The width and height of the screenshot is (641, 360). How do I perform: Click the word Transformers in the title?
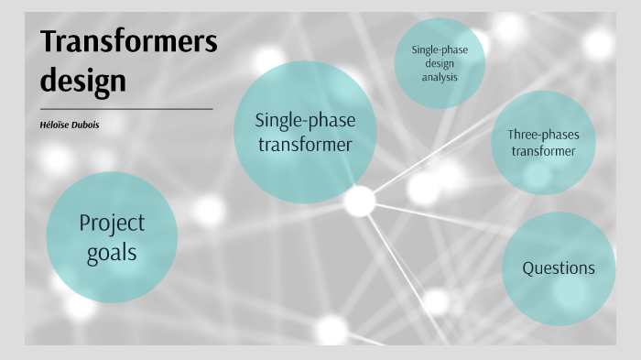click(x=128, y=43)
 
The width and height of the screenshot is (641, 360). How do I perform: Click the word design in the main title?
click(x=82, y=81)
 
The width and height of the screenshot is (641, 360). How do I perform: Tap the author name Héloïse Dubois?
click(x=69, y=125)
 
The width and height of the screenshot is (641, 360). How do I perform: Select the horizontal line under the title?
click(x=126, y=109)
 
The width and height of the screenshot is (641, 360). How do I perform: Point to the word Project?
click(x=112, y=223)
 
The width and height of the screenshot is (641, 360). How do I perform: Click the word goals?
click(x=112, y=252)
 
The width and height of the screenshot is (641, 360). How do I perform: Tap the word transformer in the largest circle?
click(x=305, y=144)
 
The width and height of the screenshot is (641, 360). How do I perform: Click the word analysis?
click(x=440, y=77)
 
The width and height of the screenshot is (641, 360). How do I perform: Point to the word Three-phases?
click(x=543, y=135)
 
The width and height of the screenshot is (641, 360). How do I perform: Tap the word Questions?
click(x=559, y=268)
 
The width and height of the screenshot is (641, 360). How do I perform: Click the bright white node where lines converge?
click(x=359, y=201)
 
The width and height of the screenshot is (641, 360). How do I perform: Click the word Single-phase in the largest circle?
click(x=305, y=120)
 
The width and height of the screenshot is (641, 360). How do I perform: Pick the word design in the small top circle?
click(x=440, y=64)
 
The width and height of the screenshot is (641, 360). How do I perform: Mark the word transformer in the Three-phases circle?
click(x=543, y=151)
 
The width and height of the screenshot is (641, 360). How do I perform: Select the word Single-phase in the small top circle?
click(x=440, y=50)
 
